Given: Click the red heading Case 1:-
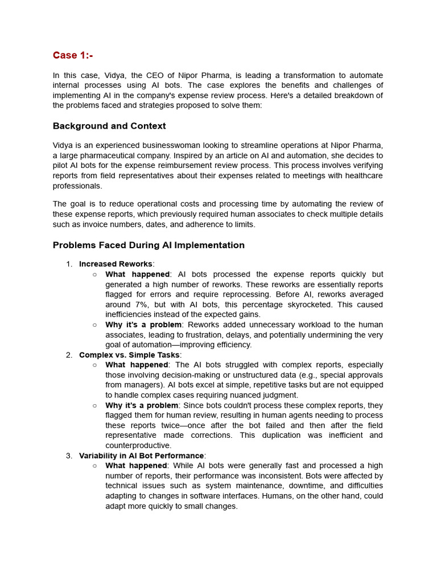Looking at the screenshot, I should pyautogui.click(x=73, y=55).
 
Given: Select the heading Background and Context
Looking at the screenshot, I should pyautogui.click(x=109, y=126).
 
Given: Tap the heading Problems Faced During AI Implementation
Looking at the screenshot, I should pyautogui.click(x=149, y=245).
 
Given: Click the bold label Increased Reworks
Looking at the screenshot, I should pyautogui.click(x=116, y=264).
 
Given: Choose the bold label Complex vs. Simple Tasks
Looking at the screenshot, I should pyautogui.click(x=129, y=355).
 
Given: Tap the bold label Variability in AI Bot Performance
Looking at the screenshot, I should pyautogui.click(x=141, y=456).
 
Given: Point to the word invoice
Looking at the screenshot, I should pyautogui.click(x=92, y=224).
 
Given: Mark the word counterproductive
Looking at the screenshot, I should pyautogui.click(x=138, y=446).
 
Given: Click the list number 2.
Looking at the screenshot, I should pyautogui.click(x=69, y=355).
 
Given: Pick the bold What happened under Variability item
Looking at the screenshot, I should pyautogui.click(x=137, y=466).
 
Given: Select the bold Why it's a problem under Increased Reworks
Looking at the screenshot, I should pyautogui.click(x=142, y=325).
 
